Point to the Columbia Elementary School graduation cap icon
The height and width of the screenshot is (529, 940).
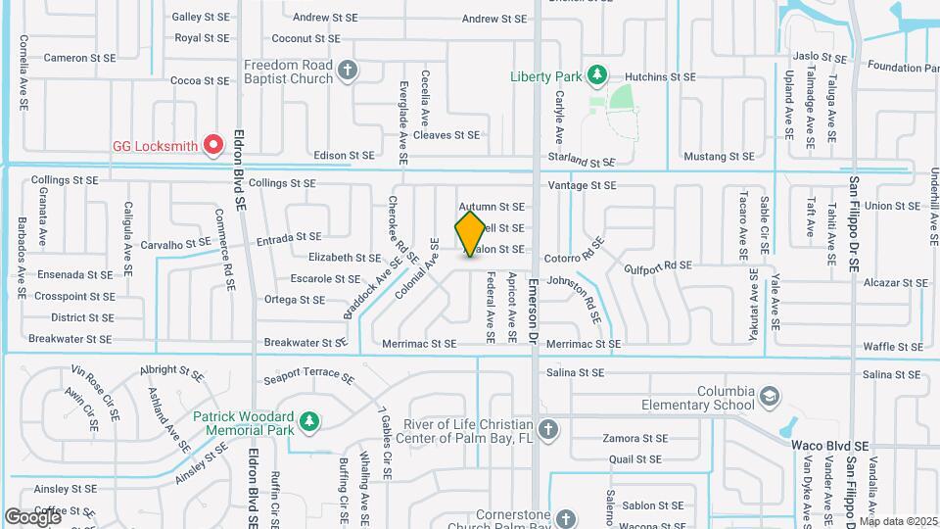[x=769, y=397]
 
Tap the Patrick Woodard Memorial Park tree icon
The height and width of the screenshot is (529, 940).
[x=309, y=421]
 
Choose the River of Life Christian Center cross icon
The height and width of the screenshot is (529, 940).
[x=549, y=428]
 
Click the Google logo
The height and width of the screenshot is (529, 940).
[x=32, y=516]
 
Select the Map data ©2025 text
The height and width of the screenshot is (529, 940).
[x=898, y=521]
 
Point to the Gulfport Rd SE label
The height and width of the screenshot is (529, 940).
[x=658, y=265]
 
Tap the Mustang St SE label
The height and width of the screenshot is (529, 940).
[x=720, y=156]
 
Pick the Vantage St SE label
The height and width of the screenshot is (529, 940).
[x=582, y=185]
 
